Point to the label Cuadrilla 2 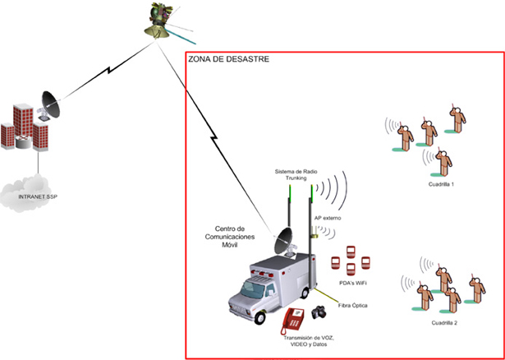pos(444,323)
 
